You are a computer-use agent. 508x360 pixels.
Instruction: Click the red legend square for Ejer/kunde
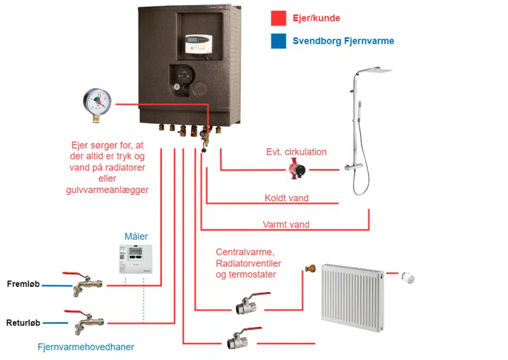click(x=278, y=18)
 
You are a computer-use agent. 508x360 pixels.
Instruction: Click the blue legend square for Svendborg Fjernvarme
click(x=278, y=41)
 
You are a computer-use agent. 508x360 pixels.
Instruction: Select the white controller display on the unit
click(x=199, y=43)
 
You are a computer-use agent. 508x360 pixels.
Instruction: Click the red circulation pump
click(x=297, y=168)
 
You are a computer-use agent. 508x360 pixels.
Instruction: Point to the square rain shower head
click(x=375, y=70)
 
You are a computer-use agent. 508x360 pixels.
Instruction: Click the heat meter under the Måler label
click(x=135, y=259)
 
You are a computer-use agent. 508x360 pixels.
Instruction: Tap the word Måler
click(x=136, y=236)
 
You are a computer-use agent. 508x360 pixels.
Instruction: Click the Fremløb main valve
click(x=84, y=284)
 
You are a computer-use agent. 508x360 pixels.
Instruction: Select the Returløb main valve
click(x=84, y=322)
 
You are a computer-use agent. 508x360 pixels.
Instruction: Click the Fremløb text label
click(x=23, y=284)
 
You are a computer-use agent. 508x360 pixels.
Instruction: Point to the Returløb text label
click(x=23, y=323)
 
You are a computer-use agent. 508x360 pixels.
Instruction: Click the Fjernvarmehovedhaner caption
click(x=86, y=347)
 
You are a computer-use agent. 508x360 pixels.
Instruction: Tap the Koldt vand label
click(x=286, y=197)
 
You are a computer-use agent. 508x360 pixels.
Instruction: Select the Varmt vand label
click(x=286, y=224)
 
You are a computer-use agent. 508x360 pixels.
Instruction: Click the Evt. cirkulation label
click(x=297, y=152)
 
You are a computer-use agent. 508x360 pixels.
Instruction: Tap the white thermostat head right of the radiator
click(x=408, y=277)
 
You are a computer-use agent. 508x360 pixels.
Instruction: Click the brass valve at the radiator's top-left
click(x=311, y=269)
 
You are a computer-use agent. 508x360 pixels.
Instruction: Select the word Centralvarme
click(x=244, y=252)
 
